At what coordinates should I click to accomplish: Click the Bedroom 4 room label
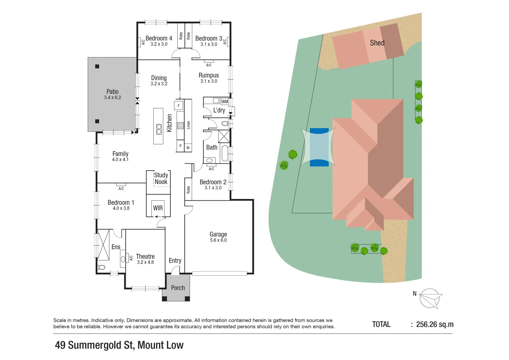click(x=159, y=38)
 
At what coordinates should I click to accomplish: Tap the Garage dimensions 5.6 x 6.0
click(x=218, y=240)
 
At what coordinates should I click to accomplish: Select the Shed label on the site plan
click(x=377, y=43)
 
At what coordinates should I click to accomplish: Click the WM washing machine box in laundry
click(x=225, y=102)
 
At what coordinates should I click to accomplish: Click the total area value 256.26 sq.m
click(x=435, y=324)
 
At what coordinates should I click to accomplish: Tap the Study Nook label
click(x=161, y=179)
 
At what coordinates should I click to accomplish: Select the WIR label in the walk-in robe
click(x=158, y=208)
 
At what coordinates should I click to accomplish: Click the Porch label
click(x=178, y=288)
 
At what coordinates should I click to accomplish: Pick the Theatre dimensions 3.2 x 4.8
click(x=145, y=262)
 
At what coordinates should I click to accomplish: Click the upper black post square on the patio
click(x=97, y=66)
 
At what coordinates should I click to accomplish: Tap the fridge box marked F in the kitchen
click(x=179, y=106)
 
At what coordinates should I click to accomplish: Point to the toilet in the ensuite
click(x=101, y=267)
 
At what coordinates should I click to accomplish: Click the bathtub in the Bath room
click(x=225, y=153)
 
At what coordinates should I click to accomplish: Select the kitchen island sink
click(x=159, y=129)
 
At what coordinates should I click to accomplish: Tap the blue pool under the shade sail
click(x=319, y=147)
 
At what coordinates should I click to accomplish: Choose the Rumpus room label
click(x=209, y=75)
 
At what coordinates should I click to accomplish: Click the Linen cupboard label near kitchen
click(x=188, y=125)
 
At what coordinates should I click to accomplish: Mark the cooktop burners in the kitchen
click(x=180, y=125)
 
